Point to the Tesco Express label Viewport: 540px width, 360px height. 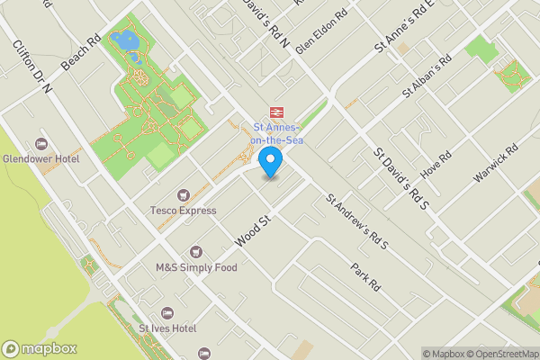[184, 211]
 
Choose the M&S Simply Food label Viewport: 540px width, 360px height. [196, 267]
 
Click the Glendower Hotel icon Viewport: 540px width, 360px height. [40, 144]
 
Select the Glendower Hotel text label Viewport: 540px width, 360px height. [40, 159]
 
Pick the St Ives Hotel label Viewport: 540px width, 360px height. [167, 328]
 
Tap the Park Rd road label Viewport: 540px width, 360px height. [366, 275]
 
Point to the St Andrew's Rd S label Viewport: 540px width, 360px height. [356, 221]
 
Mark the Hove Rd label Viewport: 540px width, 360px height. [434, 166]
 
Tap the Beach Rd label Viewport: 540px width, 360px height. [80, 55]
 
